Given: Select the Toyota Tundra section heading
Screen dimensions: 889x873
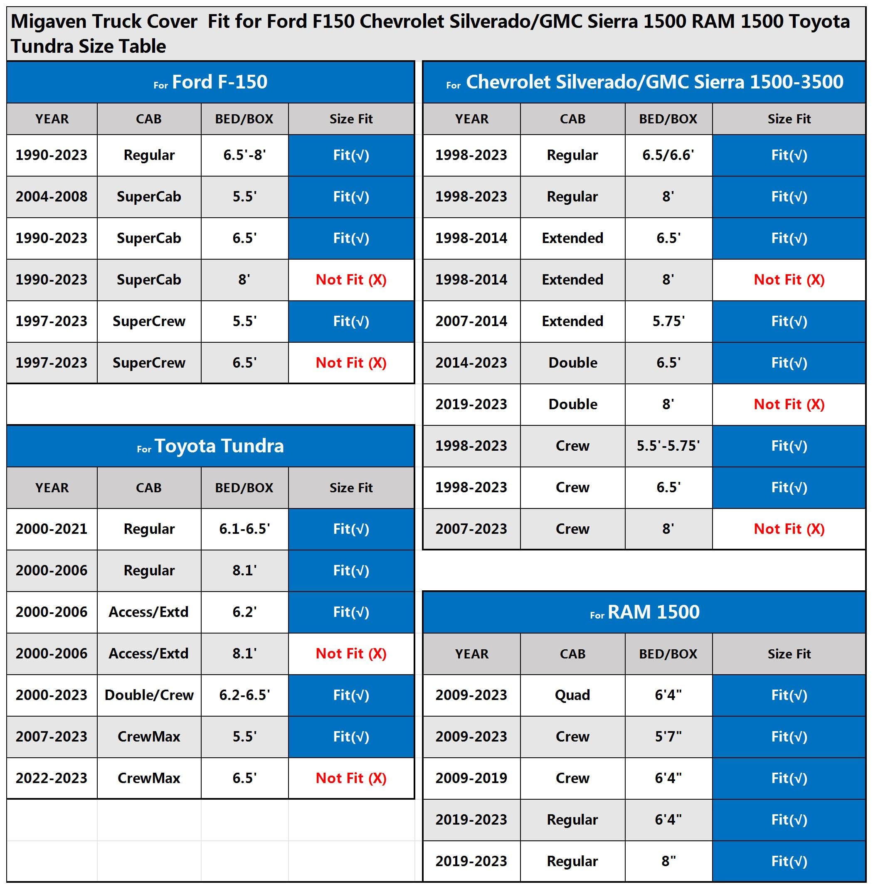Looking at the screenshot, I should pyautogui.click(x=210, y=446).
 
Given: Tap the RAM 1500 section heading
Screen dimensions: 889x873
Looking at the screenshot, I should pyautogui.click(x=644, y=612).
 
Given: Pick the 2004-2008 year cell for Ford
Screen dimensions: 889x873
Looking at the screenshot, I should pyautogui.click(x=52, y=196).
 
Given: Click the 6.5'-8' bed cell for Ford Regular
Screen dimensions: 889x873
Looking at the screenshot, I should pyautogui.click(x=244, y=155).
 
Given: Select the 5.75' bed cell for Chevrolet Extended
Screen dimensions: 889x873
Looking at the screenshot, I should pyautogui.click(x=668, y=321).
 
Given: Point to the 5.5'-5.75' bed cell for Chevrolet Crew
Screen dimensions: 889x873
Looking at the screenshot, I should pyautogui.click(x=668, y=446).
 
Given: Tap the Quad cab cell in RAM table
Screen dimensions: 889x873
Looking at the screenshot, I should pyautogui.click(x=572, y=695).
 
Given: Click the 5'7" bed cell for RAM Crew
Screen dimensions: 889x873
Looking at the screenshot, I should pyautogui.click(x=668, y=737).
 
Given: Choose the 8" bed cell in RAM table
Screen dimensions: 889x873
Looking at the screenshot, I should pyautogui.click(x=668, y=861).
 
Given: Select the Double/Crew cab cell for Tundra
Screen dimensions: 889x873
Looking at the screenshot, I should pyautogui.click(x=149, y=695).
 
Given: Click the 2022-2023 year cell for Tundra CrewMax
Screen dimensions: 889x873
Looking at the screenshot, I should pyautogui.click(x=52, y=778).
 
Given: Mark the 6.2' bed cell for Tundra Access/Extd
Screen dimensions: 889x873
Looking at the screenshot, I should pyautogui.click(x=244, y=612).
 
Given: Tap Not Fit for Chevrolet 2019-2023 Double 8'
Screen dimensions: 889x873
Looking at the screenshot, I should pyautogui.click(x=789, y=404).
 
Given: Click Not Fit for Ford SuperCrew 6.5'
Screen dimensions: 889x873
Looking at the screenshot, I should pyautogui.click(x=351, y=363).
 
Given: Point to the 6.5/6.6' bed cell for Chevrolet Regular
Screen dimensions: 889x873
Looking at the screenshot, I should pyautogui.click(x=668, y=155).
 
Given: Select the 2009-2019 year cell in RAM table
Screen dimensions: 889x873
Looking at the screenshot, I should pyautogui.click(x=471, y=778).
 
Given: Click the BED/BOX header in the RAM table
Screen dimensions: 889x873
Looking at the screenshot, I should pyautogui.click(x=668, y=654).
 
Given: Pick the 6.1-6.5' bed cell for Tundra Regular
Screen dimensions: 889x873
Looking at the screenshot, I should pyautogui.click(x=244, y=529).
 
